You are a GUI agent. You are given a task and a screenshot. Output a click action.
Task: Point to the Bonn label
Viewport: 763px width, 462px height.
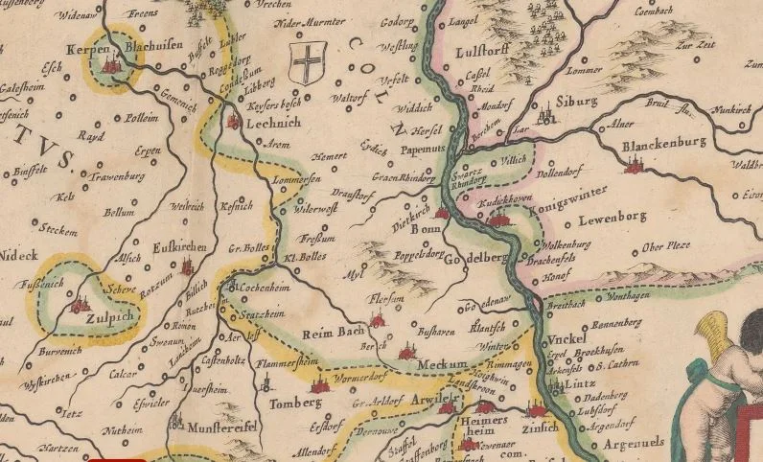click(424, 231)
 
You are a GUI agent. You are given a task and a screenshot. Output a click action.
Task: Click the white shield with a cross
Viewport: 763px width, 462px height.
click(306, 63)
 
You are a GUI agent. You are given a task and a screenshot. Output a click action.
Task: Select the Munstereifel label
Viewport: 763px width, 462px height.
click(221, 427)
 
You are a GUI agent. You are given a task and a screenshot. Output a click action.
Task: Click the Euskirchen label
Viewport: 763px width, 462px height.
click(179, 249)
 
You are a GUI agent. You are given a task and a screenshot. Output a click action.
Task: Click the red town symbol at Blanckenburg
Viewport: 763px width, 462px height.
click(632, 167)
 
